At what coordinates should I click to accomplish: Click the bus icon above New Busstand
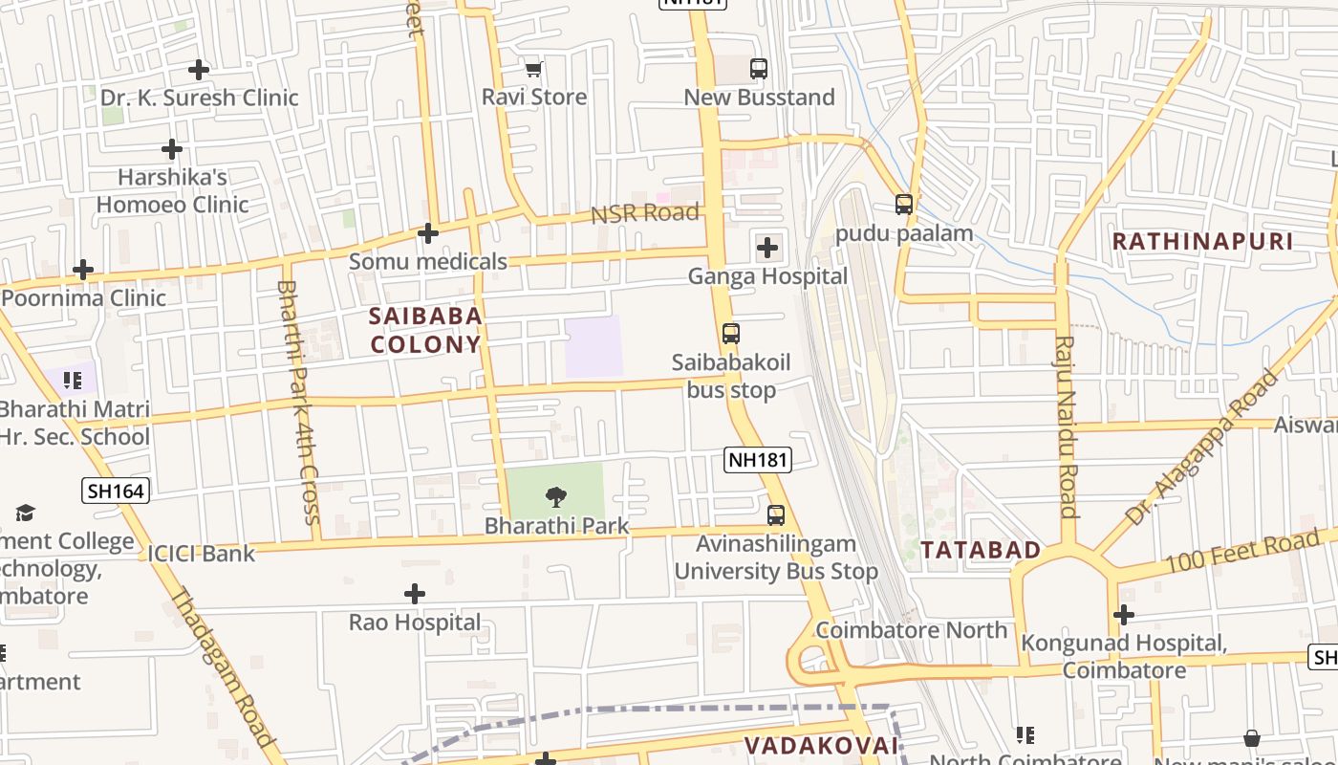click(x=759, y=69)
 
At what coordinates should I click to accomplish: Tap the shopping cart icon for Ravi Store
click(x=533, y=69)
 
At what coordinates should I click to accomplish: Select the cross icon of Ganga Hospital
click(x=766, y=249)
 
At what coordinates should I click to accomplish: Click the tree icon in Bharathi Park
click(x=555, y=497)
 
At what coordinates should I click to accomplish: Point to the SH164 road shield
click(x=115, y=492)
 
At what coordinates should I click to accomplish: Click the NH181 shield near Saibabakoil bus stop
click(x=758, y=460)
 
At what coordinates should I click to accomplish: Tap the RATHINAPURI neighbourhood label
click(x=1203, y=241)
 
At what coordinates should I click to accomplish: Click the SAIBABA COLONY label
click(x=425, y=330)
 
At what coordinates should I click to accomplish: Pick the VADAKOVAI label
click(x=822, y=745)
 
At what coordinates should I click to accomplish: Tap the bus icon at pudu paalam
click(x=904, y=205)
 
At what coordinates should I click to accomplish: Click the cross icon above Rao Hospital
click(x=415, y=595)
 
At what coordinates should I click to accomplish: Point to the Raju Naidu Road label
click(x=1067, y=426)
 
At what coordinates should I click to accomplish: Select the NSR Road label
click(x=645, y=213)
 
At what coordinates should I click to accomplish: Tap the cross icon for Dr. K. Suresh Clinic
click(x=199, y=70)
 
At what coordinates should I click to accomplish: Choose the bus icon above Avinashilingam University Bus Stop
click(x=776, y=515)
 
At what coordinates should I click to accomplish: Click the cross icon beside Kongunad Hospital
click(x=1124, y=614)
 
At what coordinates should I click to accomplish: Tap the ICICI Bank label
click(x=202, y=554)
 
